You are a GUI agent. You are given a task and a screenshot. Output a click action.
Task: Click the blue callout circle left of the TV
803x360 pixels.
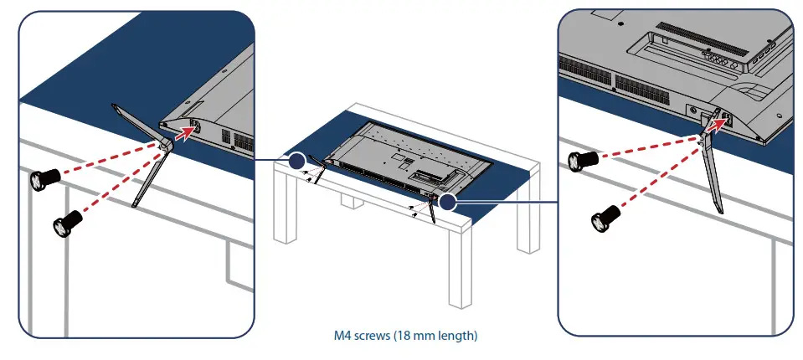[x=296, y=161]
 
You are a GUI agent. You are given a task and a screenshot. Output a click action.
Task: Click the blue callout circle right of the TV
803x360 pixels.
[x=450, y=201]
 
